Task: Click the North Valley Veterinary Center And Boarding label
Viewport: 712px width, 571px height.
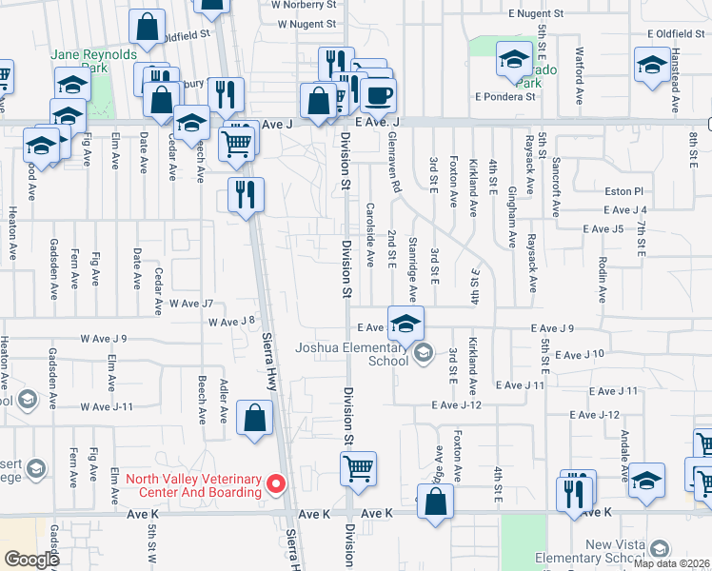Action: click(193, 484)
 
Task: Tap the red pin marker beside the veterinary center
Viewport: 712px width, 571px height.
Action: click(277, 484)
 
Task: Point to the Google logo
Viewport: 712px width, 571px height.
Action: click(31, 559)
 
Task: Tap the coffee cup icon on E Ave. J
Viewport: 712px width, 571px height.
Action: click(378, 95)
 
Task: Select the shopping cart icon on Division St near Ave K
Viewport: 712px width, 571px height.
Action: click(358, 467)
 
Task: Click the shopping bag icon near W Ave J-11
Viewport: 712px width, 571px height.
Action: click(255, 417)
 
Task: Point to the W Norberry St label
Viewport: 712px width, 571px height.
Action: click(304, 5)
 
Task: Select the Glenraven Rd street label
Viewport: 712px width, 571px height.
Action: click(392, 157)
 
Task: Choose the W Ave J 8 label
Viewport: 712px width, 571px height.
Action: click(231, 322)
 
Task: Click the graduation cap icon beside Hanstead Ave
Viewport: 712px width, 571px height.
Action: click(652, 65)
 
